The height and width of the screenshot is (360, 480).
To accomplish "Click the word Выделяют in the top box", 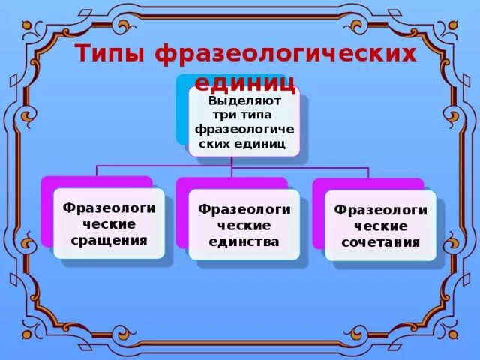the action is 244,99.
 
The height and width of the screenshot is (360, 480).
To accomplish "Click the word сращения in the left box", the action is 109,240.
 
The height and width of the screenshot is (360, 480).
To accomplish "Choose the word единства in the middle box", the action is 244,241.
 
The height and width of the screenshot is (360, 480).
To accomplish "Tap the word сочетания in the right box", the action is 380,242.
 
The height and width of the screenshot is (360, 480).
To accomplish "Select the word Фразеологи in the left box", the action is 109,208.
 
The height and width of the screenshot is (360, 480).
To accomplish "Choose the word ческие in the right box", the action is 380,226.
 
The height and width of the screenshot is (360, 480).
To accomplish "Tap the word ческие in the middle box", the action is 244,225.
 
